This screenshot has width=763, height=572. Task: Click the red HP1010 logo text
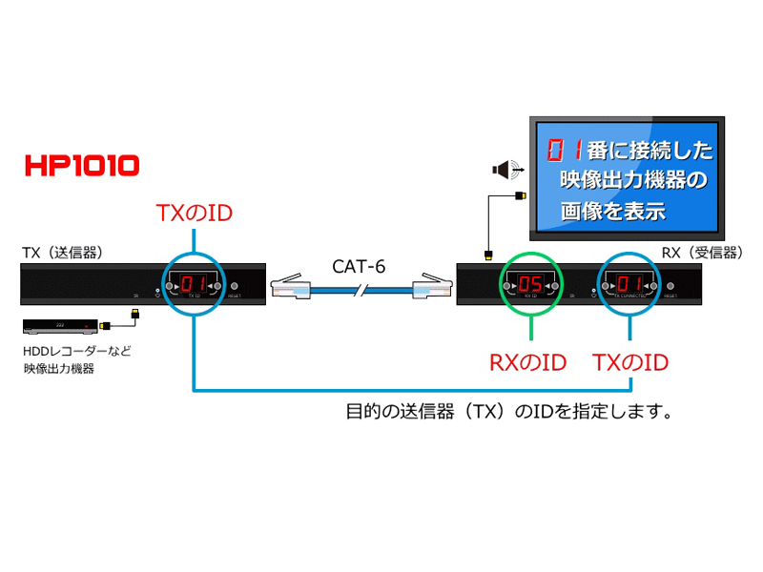[83, 165]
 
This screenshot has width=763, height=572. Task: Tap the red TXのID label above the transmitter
[194, 211]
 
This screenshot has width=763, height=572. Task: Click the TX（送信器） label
[62, 253]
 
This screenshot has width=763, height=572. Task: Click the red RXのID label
[527, 362]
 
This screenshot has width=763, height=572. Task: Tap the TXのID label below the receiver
[630, 362]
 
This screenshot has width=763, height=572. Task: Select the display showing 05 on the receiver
[530, 284]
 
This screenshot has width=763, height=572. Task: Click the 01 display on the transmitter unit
[194, 284]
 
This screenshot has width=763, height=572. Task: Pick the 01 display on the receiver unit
[629, 284]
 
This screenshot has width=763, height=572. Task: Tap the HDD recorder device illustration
[60, 326]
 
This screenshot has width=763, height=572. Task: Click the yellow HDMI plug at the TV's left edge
[520, 196]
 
